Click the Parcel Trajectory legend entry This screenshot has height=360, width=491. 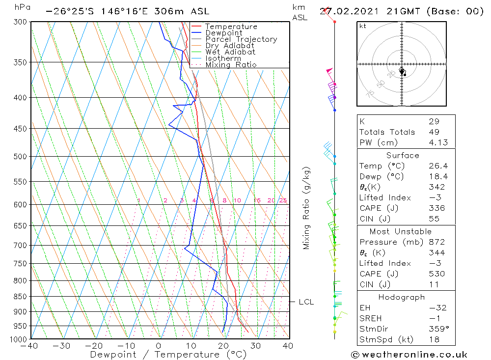coord(241,39)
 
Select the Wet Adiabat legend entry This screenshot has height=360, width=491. coord(230,52)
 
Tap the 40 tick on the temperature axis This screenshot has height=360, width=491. coord(288,346)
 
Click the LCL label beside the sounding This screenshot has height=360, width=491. coord(306,302)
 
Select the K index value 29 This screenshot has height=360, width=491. coord(434,121)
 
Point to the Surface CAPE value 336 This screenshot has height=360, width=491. coord(436,208)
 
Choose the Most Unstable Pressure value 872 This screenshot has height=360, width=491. coord(436,242)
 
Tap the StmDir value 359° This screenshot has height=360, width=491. coord(436,329)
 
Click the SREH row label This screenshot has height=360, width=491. coord(370,319)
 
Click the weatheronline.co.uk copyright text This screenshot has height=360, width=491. coord(409,355)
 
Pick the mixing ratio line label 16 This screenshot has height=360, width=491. coord(257,200)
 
